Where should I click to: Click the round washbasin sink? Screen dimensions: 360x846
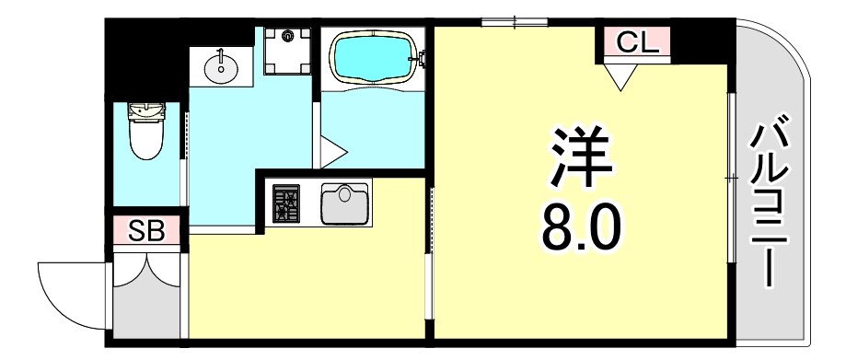[221, 67]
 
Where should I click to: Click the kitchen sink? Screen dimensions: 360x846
[343, 203]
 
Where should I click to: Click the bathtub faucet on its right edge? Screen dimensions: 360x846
[422, 57]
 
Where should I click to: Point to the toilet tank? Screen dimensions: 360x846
[146, 112]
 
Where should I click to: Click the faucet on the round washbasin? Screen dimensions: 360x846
[221, 54]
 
